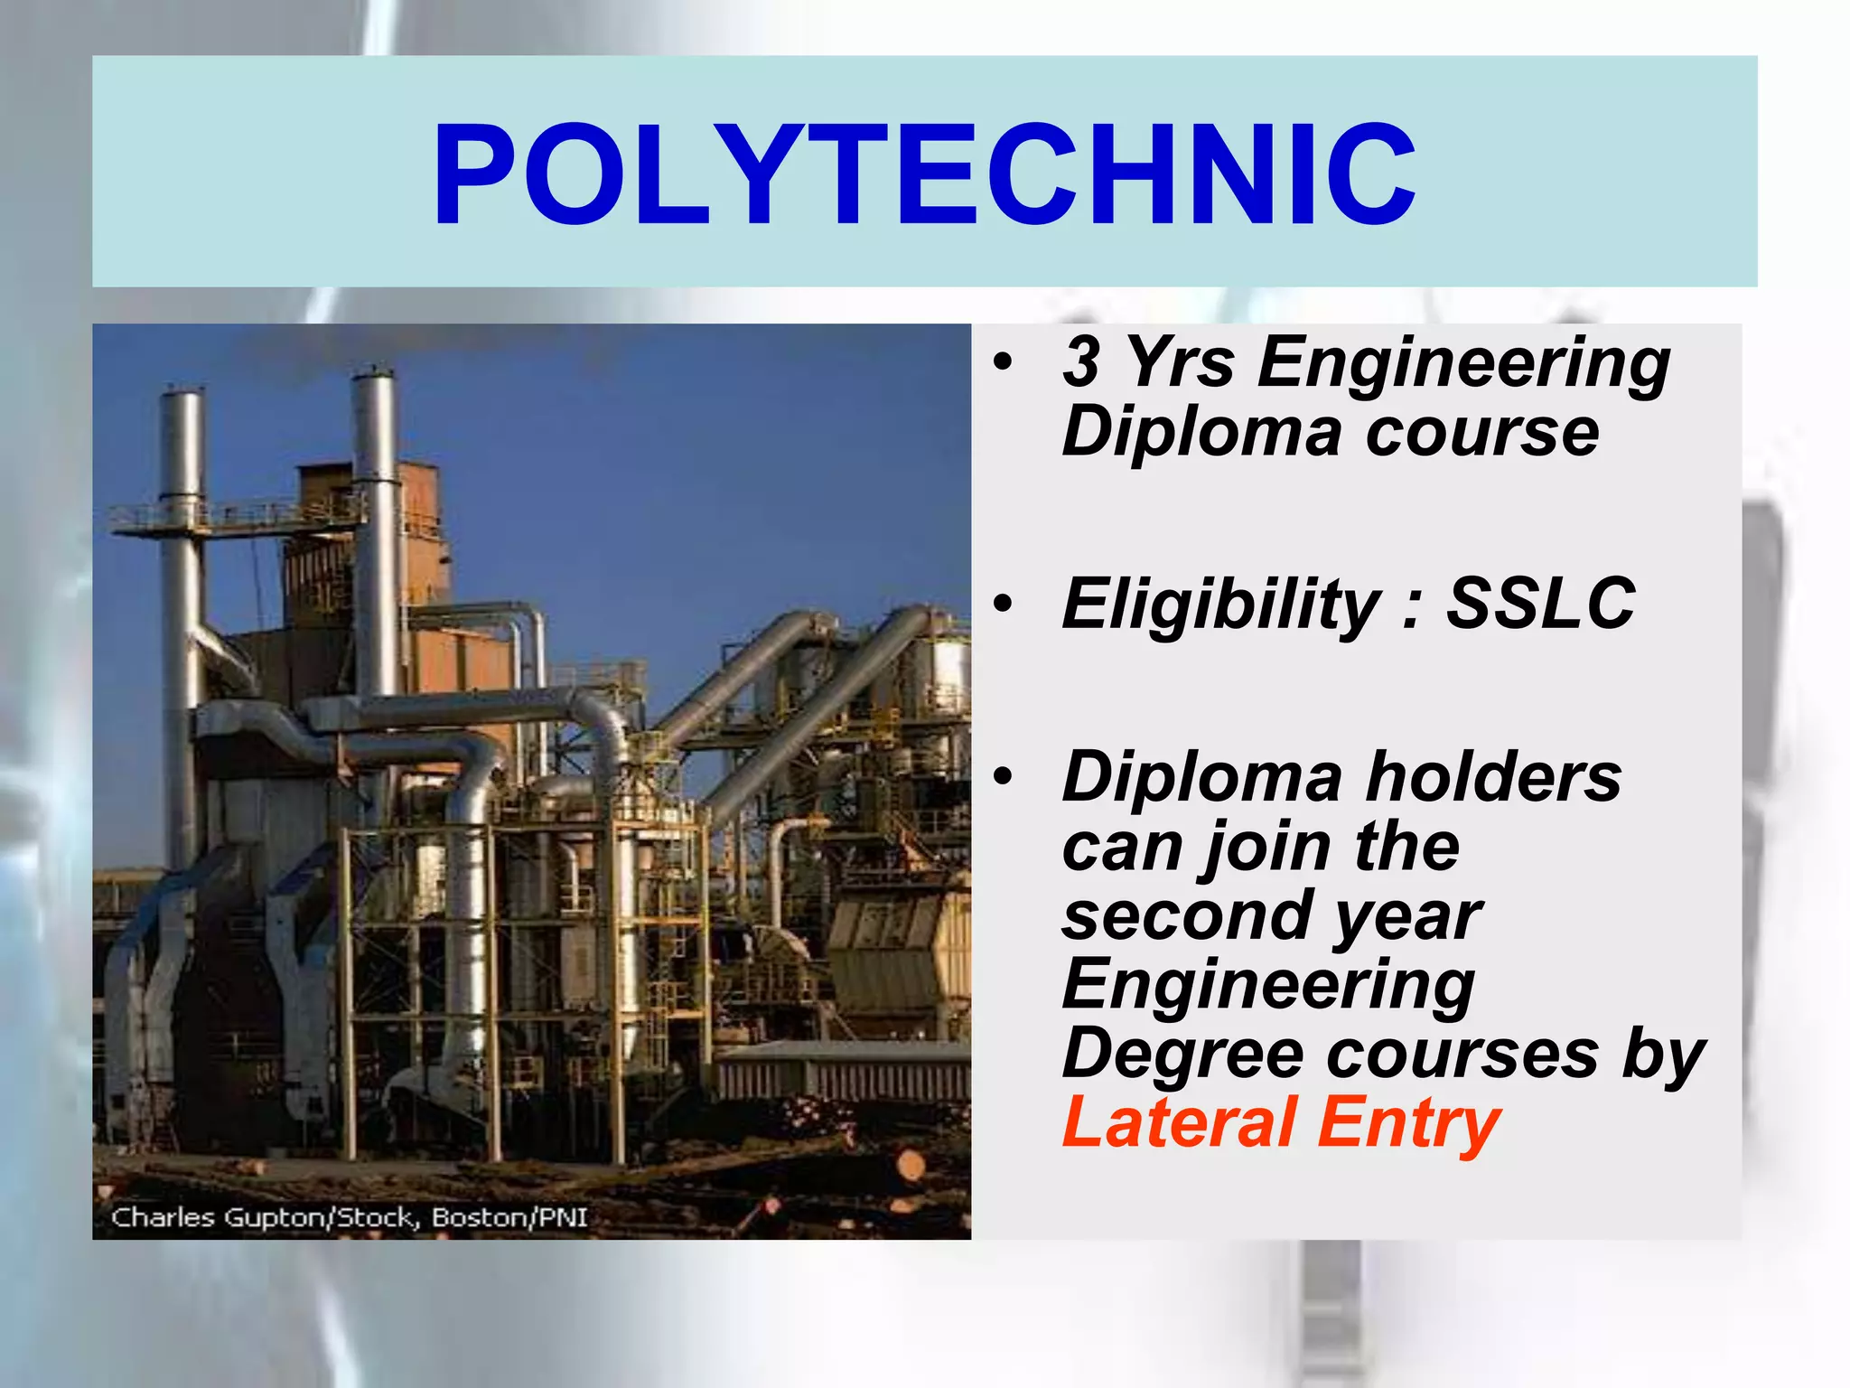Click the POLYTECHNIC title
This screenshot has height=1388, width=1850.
(924, 174)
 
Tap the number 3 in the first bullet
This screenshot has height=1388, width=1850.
(1080, 361)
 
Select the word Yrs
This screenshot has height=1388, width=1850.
(1181, 361)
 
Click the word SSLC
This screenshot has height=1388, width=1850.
(1540, 604)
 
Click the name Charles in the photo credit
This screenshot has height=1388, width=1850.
(163, 1217)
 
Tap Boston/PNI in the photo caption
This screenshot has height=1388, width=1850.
(509, 1217)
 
